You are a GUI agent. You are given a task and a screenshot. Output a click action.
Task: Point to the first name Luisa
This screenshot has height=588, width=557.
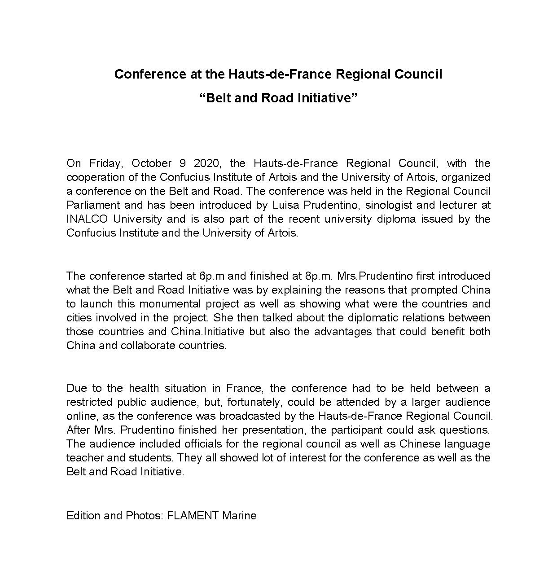point(285,205)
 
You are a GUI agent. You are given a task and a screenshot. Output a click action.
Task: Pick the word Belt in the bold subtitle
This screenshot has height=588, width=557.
point(219,98)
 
